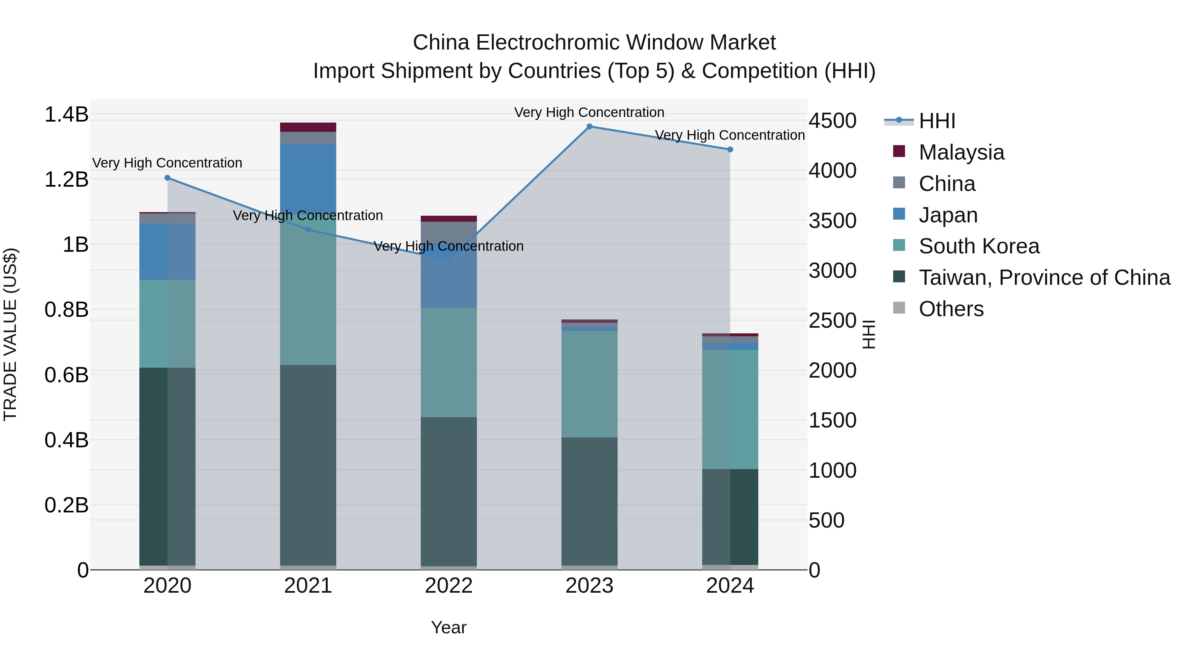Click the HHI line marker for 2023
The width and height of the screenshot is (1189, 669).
590,127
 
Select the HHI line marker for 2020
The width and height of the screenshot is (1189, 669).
167,178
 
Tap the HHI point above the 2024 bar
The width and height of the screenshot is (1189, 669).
730,150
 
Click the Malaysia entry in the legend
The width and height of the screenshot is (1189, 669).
961,152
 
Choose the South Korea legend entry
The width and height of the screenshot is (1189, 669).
979,246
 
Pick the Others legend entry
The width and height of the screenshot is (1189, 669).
951,309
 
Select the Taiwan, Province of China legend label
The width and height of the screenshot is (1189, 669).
1044,278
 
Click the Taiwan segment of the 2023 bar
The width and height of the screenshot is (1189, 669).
590,501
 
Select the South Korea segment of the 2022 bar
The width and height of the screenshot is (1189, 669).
449,362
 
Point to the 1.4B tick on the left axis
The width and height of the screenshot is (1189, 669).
66,115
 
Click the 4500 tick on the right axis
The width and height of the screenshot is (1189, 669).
833,121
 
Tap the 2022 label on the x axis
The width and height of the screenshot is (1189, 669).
449,586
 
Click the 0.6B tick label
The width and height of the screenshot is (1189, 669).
66,375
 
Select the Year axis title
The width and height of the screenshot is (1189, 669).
449,627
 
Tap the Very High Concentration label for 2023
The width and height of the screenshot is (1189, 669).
590,112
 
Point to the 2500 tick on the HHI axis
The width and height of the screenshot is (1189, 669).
833,321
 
